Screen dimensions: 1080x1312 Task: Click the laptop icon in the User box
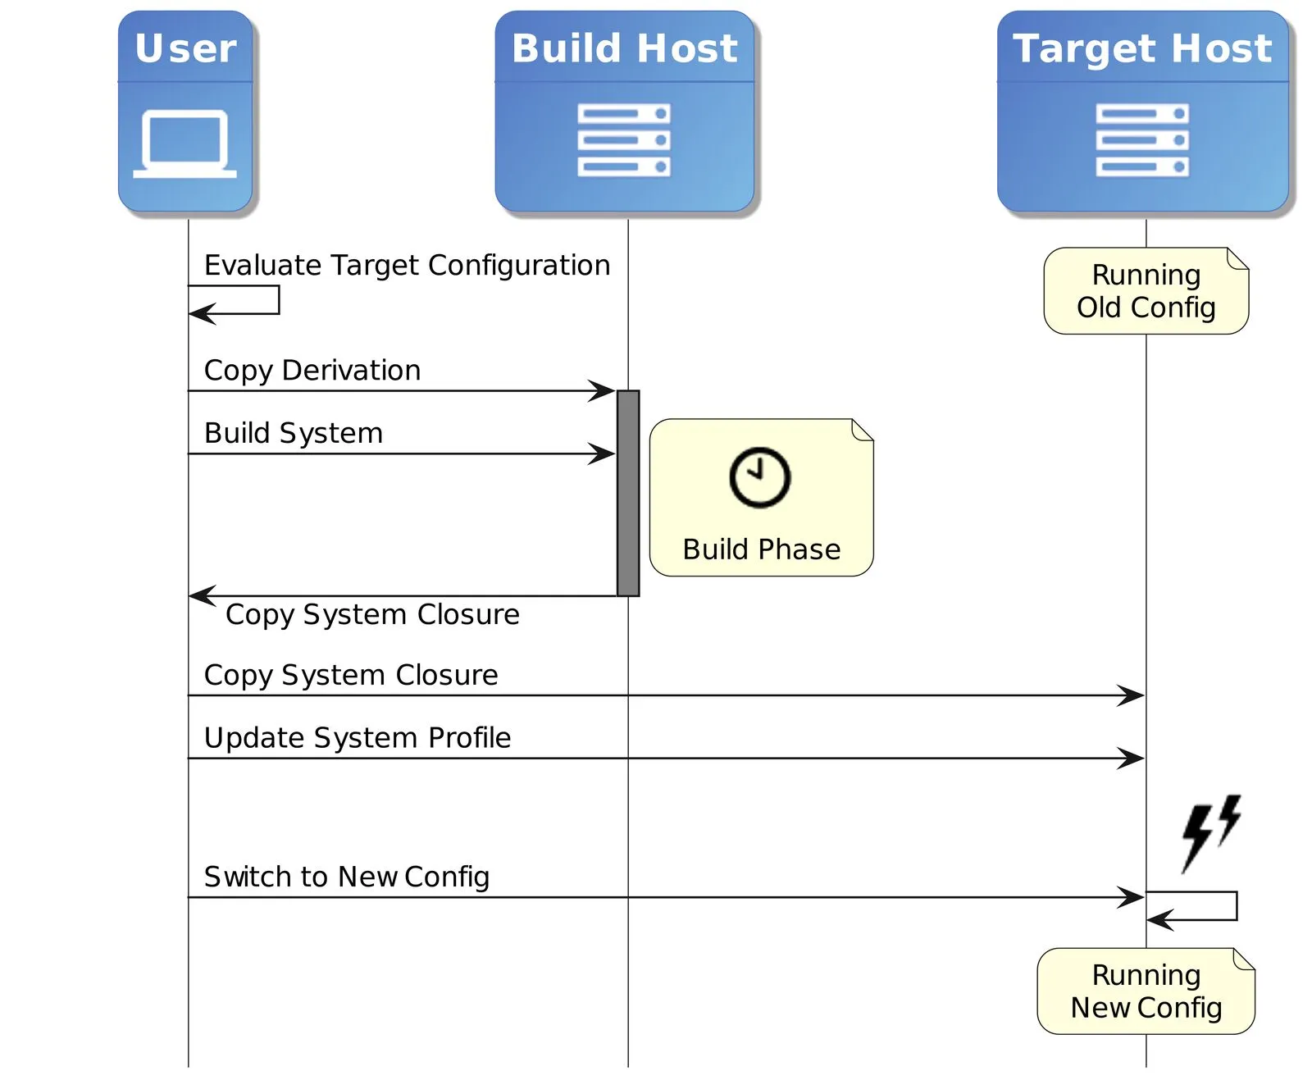tap(184, 144)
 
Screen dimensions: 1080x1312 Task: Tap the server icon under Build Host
tap(624, 139)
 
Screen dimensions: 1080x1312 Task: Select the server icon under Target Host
tap(1142, 139)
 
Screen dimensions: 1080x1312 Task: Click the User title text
tap(185, 48)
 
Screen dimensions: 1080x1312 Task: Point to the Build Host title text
tap(624, 48)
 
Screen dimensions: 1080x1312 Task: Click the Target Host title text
tap(1142, 48)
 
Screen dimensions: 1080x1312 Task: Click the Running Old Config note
tap(1146, 291)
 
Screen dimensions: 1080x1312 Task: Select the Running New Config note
tap(1146, 991)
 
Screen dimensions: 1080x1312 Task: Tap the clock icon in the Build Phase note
tap(759, 477)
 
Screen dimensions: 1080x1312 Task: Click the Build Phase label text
tap(761, 549)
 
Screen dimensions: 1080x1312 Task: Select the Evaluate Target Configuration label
tap(407, 265)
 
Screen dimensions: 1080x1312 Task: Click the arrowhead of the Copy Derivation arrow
tap(604, 391)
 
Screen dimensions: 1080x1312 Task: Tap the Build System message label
tap(294, 432)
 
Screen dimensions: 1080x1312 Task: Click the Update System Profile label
tap(358, 737)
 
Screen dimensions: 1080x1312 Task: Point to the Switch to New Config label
tap(346, 877)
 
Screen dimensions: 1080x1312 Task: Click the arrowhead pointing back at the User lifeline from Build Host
tap(201, 596)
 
